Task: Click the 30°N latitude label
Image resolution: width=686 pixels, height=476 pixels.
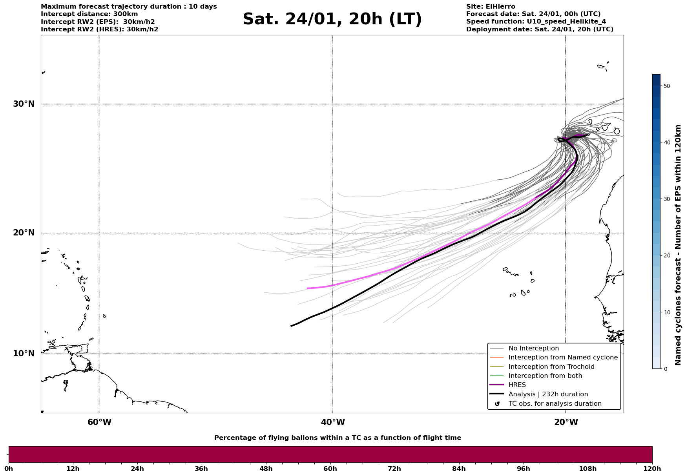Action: [24, 104]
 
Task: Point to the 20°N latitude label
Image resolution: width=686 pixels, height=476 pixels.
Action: [24, 233]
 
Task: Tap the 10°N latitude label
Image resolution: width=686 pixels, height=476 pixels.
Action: [24, 354]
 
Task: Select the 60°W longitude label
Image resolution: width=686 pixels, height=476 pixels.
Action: [99, 422]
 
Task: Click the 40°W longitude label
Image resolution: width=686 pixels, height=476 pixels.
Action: [333, 422]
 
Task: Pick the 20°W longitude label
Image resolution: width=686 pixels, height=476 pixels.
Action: [566, 422]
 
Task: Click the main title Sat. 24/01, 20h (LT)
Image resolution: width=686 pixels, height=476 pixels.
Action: [332, 19]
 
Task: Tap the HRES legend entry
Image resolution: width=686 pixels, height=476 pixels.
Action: [517, 385]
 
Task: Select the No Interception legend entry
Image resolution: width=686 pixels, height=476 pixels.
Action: [533, 348]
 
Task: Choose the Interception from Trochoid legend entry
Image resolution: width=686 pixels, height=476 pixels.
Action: [551, 367]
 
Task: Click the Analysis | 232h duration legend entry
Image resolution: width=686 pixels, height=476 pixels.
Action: [548, 394]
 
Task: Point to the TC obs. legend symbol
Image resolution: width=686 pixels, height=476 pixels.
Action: [497, 404]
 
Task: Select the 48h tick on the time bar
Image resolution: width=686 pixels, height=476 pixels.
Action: [266, 469]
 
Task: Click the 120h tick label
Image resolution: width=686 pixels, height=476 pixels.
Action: [652, 469]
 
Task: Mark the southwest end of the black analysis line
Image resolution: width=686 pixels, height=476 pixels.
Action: [291, 326]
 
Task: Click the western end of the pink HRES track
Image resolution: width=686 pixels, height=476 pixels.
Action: [307, 288]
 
